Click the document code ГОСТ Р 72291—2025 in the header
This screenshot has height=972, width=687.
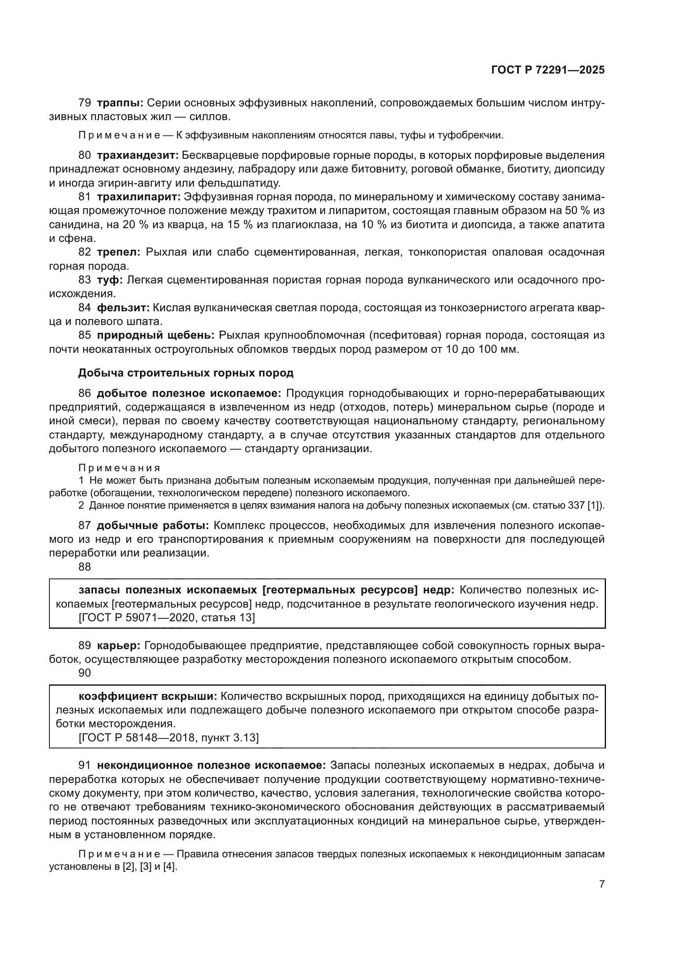[548, 70]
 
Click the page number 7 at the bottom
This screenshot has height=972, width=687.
[601, 884]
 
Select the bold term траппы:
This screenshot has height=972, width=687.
[120, 103]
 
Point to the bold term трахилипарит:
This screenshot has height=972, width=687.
[139, 197]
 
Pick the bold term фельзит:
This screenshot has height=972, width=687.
[123, 308]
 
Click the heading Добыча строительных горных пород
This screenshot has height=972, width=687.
[186, 373]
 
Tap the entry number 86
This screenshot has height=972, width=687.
[85, 393]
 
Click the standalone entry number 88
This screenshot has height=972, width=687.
[85, 567]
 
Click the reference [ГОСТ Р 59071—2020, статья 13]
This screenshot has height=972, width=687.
[167, 618]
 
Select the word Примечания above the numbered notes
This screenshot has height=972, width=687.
[119, 468]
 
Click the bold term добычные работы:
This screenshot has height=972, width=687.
[153, 525]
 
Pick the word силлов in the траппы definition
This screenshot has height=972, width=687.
[209, 117]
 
